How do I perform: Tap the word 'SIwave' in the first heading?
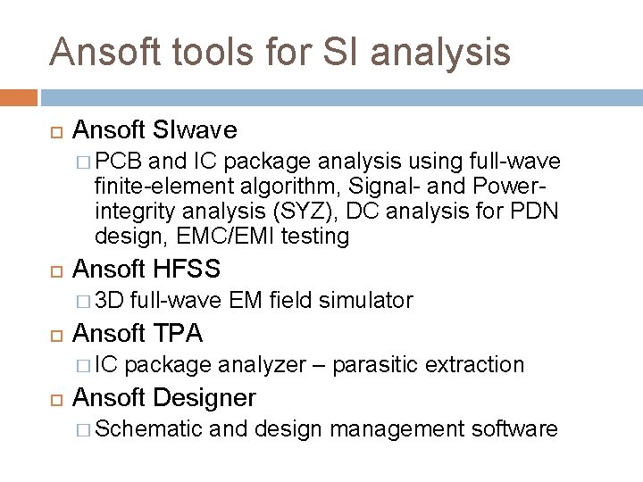click(x=194, y=130)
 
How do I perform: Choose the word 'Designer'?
click(x=205, y=397)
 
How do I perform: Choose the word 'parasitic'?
click(x=379, y=364)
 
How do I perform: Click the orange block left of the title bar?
click(x=19, y=97)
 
